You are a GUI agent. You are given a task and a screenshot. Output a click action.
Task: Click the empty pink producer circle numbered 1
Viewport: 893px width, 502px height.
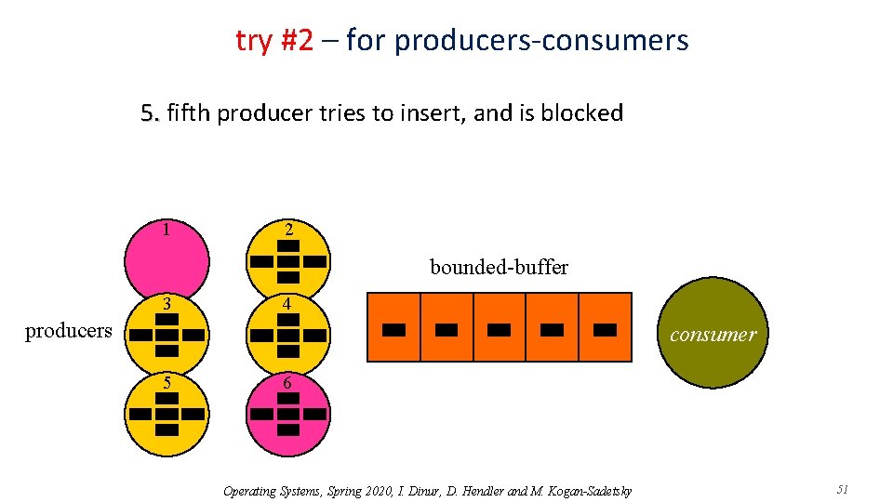(x=167, y=261)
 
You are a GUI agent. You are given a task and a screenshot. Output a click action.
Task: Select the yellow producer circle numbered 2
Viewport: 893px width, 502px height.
(x=288, y=261)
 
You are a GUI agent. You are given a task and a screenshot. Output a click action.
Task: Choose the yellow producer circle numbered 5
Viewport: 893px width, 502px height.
(x=167, y=414)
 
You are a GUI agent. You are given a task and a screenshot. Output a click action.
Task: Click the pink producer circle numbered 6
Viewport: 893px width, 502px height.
(x=288, y=414)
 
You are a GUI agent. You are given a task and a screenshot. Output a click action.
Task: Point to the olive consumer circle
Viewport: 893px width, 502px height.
(x=713, y=335)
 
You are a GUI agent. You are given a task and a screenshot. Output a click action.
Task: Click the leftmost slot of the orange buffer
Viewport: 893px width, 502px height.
(x=394, y=327)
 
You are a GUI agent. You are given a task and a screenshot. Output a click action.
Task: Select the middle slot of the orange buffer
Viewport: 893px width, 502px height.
(x=500, y=327)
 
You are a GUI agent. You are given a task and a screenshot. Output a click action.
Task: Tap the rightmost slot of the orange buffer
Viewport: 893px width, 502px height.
(x=605, y=327)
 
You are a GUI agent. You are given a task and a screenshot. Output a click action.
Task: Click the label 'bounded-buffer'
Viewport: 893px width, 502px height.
(x=499, y=268)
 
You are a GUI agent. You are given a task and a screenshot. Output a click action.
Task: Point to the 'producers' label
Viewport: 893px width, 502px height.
(x=68, y=331)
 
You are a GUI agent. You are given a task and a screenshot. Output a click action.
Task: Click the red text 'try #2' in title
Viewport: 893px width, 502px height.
(x=274, y=40)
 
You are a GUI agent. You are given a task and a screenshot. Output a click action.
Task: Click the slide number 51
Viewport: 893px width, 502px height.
(x=843, y=490)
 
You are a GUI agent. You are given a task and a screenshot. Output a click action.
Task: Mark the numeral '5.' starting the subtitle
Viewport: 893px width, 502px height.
(x=150, y=113)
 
